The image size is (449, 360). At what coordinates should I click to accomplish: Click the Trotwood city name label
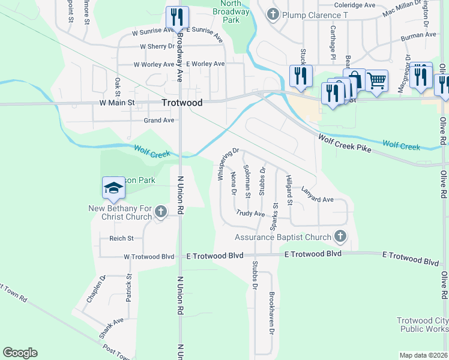point(182,103)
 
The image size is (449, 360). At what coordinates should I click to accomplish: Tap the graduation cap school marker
point(113,188)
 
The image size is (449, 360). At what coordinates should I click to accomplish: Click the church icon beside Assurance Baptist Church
point(340,236)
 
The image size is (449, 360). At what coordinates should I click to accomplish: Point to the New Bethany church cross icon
point(160,211)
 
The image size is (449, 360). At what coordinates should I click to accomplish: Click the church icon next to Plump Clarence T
point(272,14)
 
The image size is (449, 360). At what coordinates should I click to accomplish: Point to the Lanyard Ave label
point(317,194)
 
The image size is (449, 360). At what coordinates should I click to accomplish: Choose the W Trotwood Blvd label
point(149,256)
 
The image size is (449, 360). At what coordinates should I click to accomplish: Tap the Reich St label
point(121,238)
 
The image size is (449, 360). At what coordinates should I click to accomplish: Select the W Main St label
point(116,103)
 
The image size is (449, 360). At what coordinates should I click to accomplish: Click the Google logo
point(20,353)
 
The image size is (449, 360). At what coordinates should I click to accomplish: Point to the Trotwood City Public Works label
point(422,325)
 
